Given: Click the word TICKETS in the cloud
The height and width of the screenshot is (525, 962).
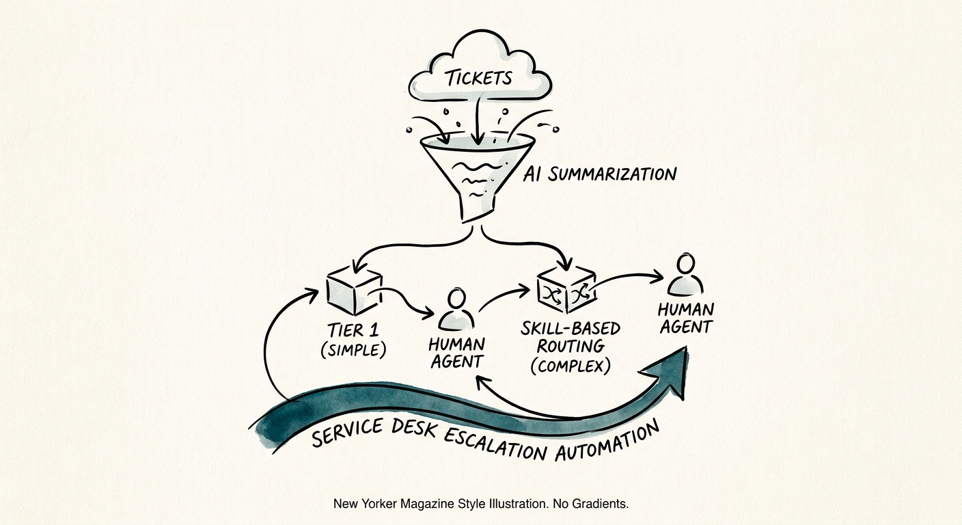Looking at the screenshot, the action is tap(479, 78).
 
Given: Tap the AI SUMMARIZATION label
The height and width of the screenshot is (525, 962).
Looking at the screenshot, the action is tap(600, 174).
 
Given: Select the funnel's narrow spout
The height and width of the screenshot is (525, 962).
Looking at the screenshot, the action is tap(474, 207).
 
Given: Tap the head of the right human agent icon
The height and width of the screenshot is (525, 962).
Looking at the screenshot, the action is tap(685, 263).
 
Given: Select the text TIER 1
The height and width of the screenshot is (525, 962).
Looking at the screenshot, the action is tap(353, 330).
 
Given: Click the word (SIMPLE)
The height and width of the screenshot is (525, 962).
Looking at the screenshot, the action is tap(353, 350).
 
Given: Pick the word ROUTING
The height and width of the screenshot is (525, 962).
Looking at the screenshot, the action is tap(571, 347).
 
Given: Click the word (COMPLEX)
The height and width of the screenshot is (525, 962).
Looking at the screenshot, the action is tap(571, 366).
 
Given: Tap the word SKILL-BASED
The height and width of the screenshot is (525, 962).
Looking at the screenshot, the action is tap(571, 329).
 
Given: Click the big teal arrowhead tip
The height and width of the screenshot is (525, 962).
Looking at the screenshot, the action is tap(685, 348).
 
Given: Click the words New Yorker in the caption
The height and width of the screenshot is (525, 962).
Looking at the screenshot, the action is tap(365, 504).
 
